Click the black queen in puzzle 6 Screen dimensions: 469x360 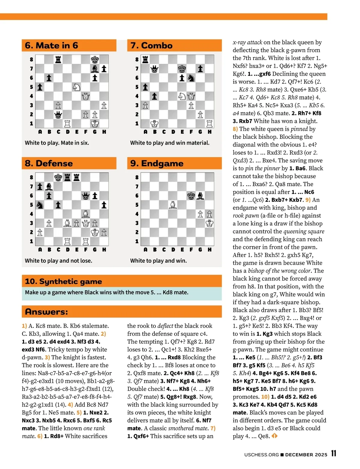pyautogui.click(x=58, y=115)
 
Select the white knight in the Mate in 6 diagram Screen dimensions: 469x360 pyautogui.click(x=76, y=87)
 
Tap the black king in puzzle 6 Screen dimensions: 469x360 pyautogui.click(x=95, y=59)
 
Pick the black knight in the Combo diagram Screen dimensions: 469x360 pyautogui.click(x=191, y=78)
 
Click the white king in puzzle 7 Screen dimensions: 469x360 pyautogui.click(x=154, y=124)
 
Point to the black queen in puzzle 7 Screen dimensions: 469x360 pyautogui.click(x=154, y=69)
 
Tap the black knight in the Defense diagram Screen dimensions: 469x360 pyautogui.click(x=40, y=205)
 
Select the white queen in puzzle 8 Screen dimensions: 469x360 pyautogui.click(x=86, y=223)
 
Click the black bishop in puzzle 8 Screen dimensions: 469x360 pyautogui.click(x=49, y=187)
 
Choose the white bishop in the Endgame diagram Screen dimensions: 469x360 pyautogui.click(x=173, y=205)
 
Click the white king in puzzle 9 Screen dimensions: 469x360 pyautogui.click(x=209, y=223)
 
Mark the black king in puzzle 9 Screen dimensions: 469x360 pyautogui.click(x=191, y=196)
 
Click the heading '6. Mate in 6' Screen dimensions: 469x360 pyautogui.click(x=52, y=46)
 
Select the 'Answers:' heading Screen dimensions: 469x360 pyautogui.click(x=46, y=312)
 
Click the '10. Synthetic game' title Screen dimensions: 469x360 pyautogui.click(x=63, y=281)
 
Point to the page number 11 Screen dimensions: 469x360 pyautogui.click(x=334, y=453)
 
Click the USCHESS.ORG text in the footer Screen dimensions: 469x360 pyautogui.click(x=261, y=455)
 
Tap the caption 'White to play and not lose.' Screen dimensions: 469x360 pyautogui.click(x=58, y=261)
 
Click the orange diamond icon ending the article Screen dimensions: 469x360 pyautogui.click(x=274, y=436)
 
